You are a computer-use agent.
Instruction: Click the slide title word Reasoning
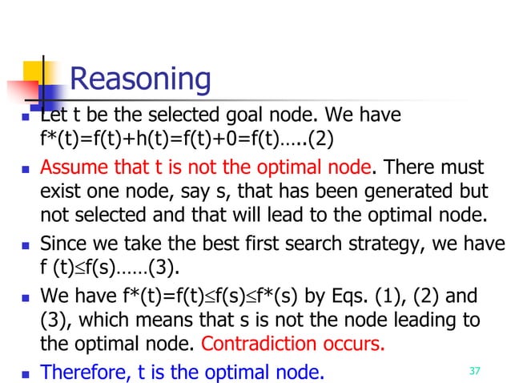(x=140, y=80)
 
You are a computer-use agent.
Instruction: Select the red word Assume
(x=68, y=170)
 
